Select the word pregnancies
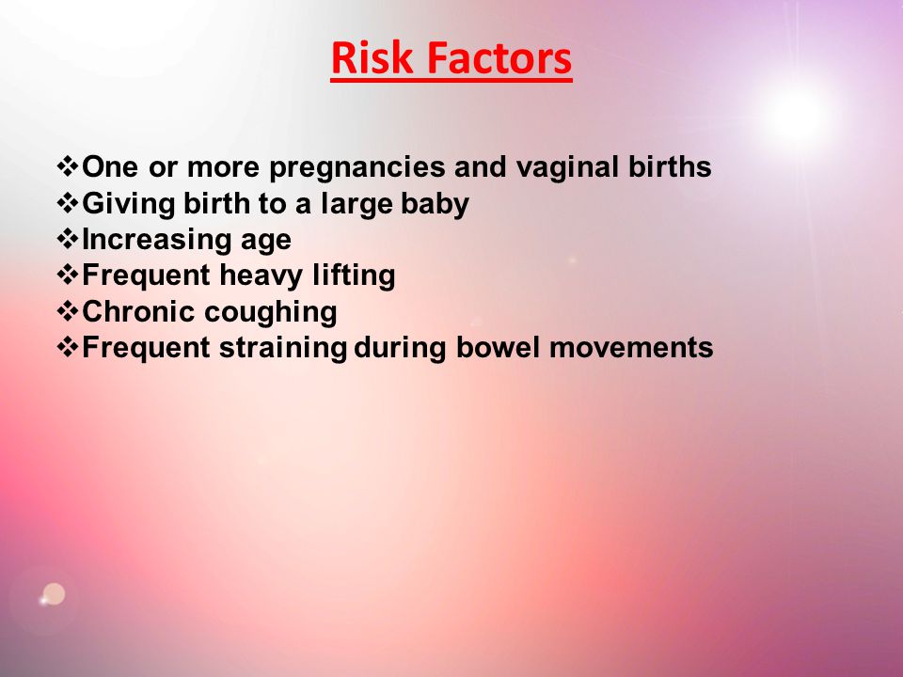pos(357,168)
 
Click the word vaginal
pos(566,168)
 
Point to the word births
pos(670,166)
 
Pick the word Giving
pos(129,204)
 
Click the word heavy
pos(261,276)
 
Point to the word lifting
pos(354,276)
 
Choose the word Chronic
pos(138,311)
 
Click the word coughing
pos(271,312)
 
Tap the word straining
pos(283,348)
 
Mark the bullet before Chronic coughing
pos(68,311)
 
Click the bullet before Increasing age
pos(68,239)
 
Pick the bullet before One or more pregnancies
pos(68,166)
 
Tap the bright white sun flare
pos(800,115)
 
